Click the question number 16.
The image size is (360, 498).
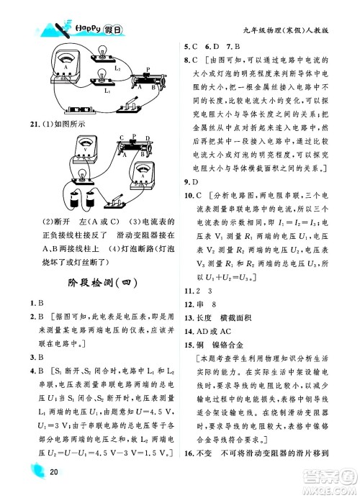pos(189,473)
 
